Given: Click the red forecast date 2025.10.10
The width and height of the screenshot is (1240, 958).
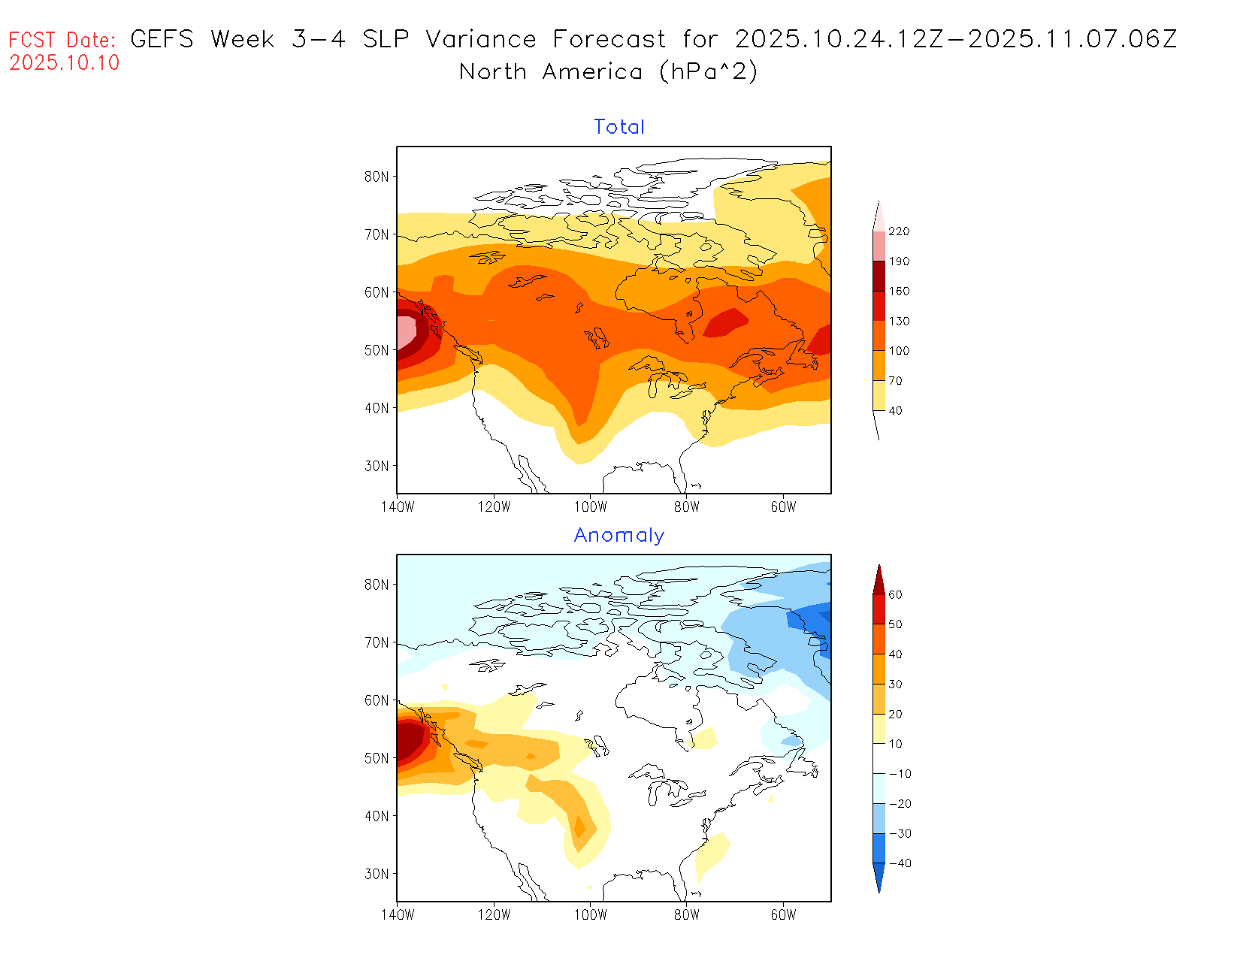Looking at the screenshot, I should click(x=65, y=63).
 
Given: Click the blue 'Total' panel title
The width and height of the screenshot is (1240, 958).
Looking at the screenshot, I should click(x=619, y=127).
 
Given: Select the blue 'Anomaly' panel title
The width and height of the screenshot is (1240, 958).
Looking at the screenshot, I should click(x=619, y=535).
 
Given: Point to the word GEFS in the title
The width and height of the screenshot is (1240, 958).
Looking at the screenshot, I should click(x=162, y=39).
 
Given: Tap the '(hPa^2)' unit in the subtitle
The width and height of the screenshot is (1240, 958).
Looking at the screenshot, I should click(x=708, y=72).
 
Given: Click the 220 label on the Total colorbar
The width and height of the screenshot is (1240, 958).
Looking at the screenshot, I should click(x=899, y=231).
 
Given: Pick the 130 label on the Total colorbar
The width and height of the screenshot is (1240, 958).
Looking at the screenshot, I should click(x=899, y=321).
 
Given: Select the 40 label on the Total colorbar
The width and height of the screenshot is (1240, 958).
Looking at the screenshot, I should click(x=896, y=410).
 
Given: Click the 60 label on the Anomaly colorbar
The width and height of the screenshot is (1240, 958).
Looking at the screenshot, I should click(x=896, y=594).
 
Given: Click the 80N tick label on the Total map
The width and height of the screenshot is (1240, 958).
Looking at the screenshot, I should click(x=377, y=177).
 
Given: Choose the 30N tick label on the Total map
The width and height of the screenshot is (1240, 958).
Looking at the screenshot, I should click(x=377, y=466).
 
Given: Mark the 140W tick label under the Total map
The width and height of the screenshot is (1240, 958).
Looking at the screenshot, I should click(x=398, y=507).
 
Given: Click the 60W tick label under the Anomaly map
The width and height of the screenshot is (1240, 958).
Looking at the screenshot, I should click(x=783, y=915).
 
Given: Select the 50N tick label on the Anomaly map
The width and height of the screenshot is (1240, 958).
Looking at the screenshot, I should click(x=377, y=758).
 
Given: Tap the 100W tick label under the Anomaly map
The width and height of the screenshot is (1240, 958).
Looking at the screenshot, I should click(x=591, y=915).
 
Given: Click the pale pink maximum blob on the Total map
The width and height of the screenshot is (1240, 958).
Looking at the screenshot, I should click(x=406, y=331).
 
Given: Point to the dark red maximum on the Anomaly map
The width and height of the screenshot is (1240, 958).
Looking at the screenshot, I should click(x=408, y=739).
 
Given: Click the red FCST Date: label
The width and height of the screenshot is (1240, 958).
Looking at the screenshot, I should click(x=62, y=41).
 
